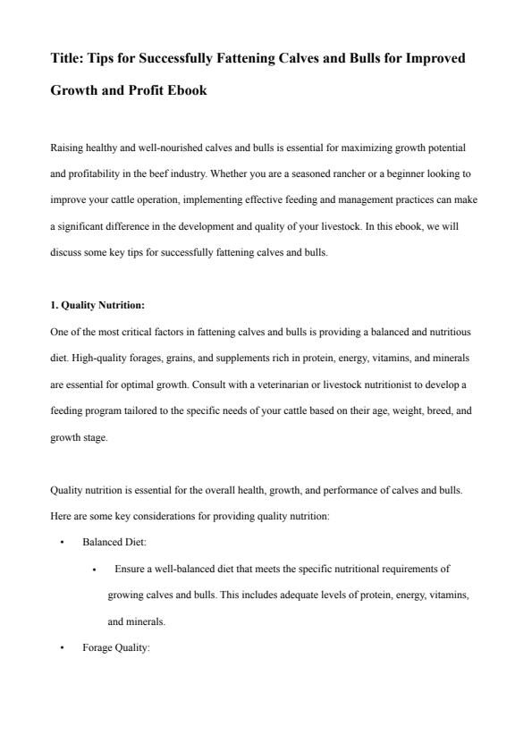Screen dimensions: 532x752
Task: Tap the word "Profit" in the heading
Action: (x=158, y=90)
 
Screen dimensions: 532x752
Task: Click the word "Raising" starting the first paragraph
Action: (x=65, y=147)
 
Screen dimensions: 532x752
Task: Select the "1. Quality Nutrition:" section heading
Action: (x=97, y=305)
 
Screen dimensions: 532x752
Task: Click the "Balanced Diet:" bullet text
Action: (x=114, y=543)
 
